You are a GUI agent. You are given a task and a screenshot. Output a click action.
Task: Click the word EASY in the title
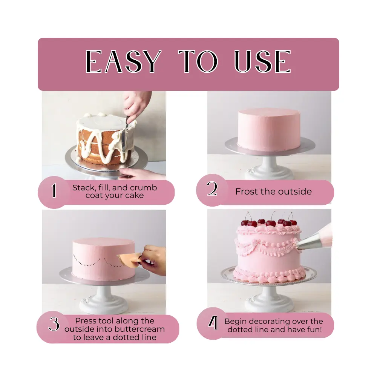click(123, 61)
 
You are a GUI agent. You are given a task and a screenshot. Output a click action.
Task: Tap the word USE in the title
click(263, 61)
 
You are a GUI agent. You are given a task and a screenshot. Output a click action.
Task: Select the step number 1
click(54, 191)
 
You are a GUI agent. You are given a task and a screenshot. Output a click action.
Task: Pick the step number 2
click(212, 189)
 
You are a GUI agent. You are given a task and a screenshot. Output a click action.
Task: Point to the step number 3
click(54, 324)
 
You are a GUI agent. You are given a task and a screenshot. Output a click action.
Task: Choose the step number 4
click(213, 323)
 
